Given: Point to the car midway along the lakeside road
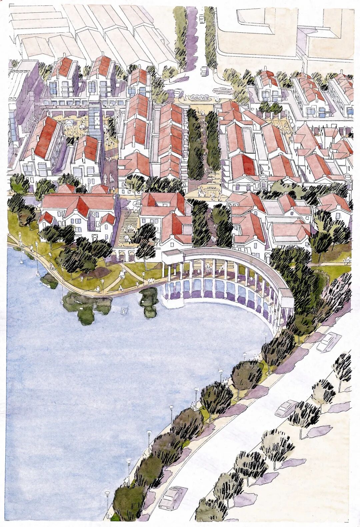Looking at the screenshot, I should [x=286, y=407].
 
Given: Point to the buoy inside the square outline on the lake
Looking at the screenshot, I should [x=124, y=311].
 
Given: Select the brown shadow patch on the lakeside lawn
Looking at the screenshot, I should [x=100, y=272].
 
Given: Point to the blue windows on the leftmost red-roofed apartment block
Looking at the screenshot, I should [x=53, y=88].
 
